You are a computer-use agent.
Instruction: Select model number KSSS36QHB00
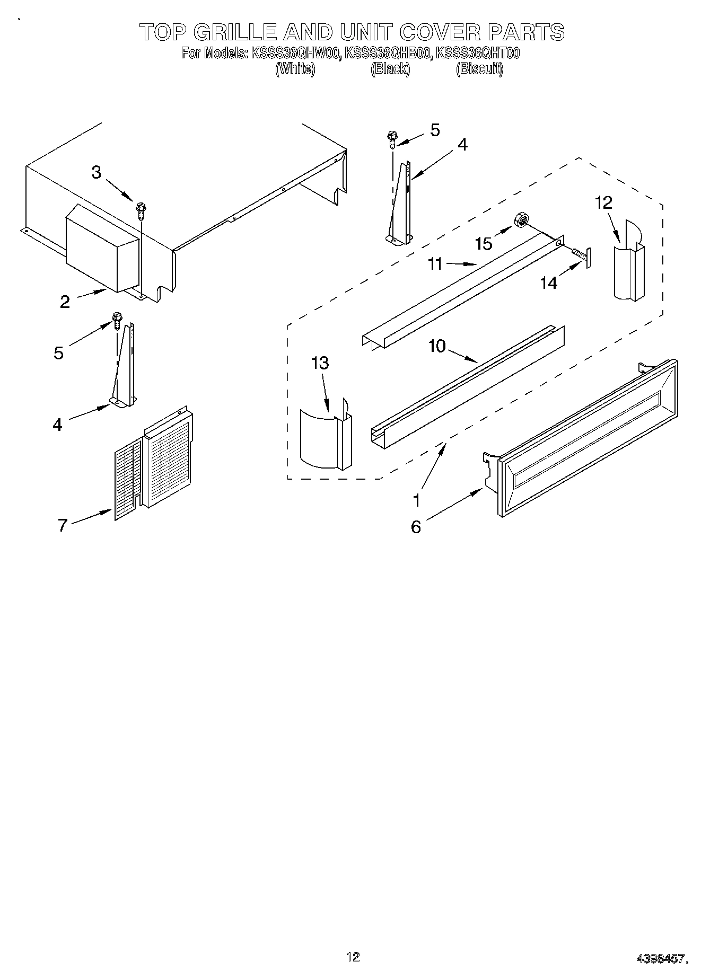(387, 53)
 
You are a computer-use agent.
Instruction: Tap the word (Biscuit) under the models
(479, 69)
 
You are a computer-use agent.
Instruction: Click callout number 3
(96, 172)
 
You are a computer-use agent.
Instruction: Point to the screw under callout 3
(141, 211)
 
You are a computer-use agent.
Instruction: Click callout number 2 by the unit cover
(65, 302)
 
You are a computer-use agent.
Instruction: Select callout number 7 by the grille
(63, 525)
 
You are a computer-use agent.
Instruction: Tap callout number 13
(320, 363)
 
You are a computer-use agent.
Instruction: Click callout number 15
(484, 243)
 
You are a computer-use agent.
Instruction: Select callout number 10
(437, 346)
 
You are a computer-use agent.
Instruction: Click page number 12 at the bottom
(353, 957)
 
